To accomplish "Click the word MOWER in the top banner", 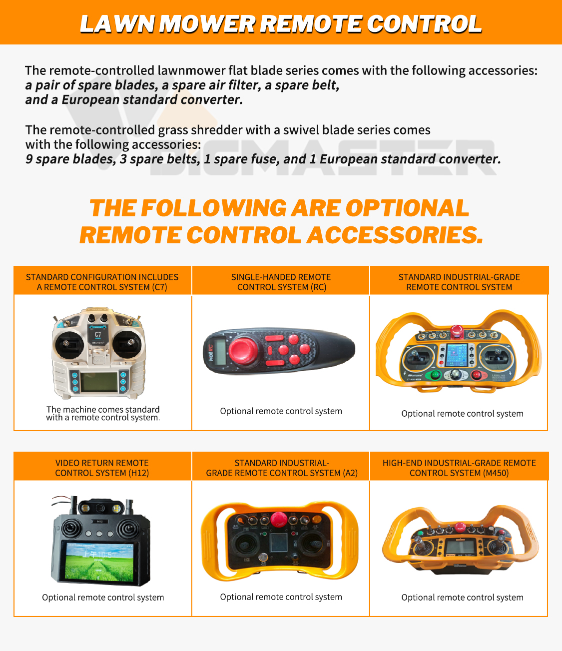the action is pyautogui.click(x=207, y=24).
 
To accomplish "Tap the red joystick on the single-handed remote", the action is pyautogui.click(x=243, y=351).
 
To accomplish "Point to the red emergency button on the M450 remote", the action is pyautogui.click(x=460, y=526).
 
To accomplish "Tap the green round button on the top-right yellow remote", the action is pyautogui.click(x=435, y=375).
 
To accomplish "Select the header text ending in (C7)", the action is pyautogui.click(x=102, y=282).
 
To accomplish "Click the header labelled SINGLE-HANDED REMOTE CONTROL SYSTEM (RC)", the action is pyautogui.click(x=281, y=282).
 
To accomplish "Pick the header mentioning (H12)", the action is pyautogui.click(x=102, y=468).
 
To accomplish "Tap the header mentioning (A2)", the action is pyautogui.click(x=282, y=468).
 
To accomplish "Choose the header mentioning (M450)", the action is pyautogui.click(x=459, y=468).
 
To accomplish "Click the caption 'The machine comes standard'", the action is pyautogui.click(x=103, y=409).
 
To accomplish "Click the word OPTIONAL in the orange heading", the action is pyautogui.click(x=407, y=208).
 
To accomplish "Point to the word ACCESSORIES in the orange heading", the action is pyautogui.click(x=395, y=235).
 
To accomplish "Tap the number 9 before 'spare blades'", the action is pyautogui.click(x=29, y=159).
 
